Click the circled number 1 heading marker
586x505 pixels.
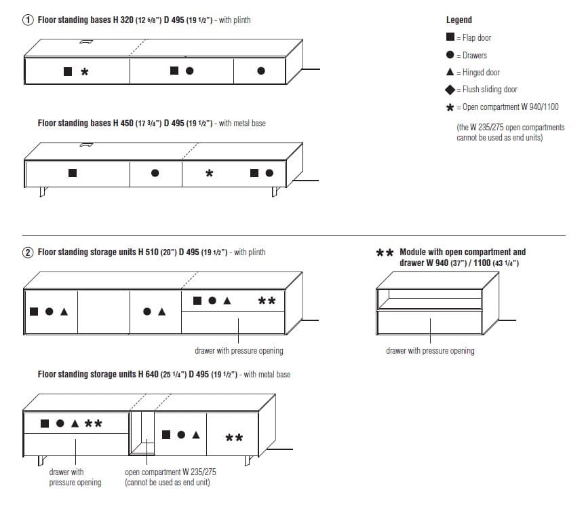click(x=28, y=20)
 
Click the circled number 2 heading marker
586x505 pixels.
click(x=28, y=252)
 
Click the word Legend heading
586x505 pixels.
click(x=458, y=20)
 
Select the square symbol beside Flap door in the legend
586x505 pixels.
click(x=450, y=37)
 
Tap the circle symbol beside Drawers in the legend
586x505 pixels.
click(x=450, y=55)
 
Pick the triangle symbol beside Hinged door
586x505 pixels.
click(x=450, y=72)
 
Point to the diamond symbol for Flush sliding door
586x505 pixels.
click(x=450, y=90)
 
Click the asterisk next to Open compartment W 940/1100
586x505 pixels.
click(x=450, y=107)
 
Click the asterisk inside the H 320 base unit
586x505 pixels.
click(x=85, y=71)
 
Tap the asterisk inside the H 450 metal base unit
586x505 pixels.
click(x=209, y=174)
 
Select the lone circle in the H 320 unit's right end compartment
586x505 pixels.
click(x=261, y=71)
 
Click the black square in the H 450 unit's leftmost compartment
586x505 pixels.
click(x=73, y=173)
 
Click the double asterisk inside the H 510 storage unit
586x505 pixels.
click(x=267, y=301)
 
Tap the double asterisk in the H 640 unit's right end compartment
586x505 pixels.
click(x=234, y=438)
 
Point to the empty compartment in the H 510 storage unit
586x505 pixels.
click(x=103, y=312)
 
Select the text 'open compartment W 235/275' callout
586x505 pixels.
click(x=170, y=472)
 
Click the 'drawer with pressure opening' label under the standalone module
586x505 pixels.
click(x=430, y=351)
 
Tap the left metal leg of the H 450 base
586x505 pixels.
click(x=42, y=192)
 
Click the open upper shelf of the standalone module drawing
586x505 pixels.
click(x=429, y=298)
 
